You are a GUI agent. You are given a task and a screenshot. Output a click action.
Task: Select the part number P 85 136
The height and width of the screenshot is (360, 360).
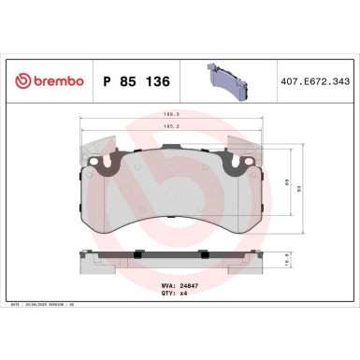tap(132, 82)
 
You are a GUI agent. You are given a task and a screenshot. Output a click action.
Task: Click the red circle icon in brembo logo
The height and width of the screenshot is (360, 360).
tap(17, 82)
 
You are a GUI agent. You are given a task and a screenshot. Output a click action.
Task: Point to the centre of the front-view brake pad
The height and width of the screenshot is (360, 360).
tap(178, 201)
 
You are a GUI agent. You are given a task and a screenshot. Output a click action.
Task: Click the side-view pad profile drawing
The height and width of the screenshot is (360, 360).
tap(178, 265)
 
